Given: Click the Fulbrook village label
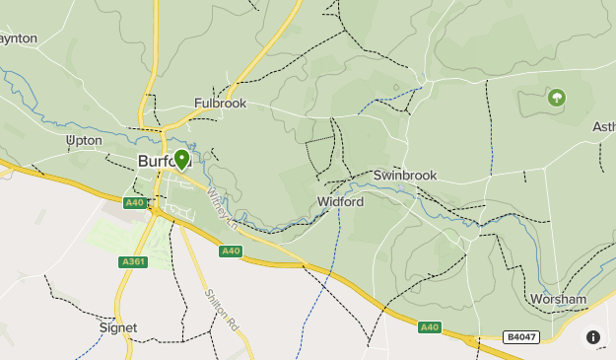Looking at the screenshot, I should (220, 103).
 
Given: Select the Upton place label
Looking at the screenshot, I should (83, 141).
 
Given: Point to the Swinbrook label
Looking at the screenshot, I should (404, 175).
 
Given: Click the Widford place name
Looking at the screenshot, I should (340, 201).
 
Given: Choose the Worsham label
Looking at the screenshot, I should (558, 299).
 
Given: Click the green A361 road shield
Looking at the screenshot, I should (132, 262).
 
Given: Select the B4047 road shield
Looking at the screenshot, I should (521, 336).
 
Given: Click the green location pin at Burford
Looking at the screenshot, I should (181, 160).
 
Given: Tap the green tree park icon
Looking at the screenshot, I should (557, 98).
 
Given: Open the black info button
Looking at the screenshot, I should (593, 337).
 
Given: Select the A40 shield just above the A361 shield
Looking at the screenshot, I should (135, 202).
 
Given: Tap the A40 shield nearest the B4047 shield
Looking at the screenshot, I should (429, 326).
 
